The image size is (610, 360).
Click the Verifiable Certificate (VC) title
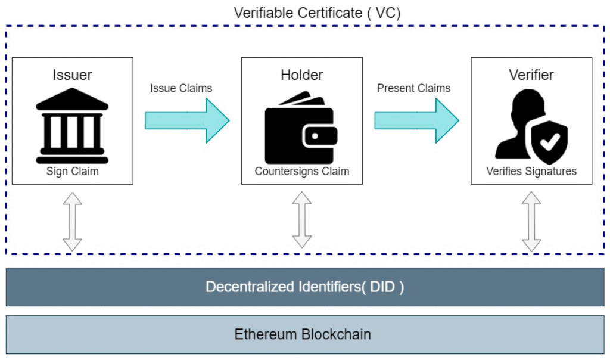tap(318, 13)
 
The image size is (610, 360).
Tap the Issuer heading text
tap(72, 75)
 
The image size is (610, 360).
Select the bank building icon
tap(72, 125)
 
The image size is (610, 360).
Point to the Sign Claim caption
tap(72, 172)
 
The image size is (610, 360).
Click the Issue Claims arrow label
tap(181, 88)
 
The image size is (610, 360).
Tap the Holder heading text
tap(302, 75)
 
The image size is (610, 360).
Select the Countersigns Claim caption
tap(302, 172)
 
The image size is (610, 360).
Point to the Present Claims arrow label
tap(413, 88)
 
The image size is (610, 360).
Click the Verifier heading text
tap(531, 75)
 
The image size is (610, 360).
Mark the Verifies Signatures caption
tap(531, 172)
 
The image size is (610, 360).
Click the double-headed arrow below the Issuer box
tap(72, 221)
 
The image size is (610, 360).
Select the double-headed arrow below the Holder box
tap(302, 221)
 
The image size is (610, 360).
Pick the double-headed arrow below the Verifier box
tap(531, 221)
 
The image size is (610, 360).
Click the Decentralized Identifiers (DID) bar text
tap(305, 287)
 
